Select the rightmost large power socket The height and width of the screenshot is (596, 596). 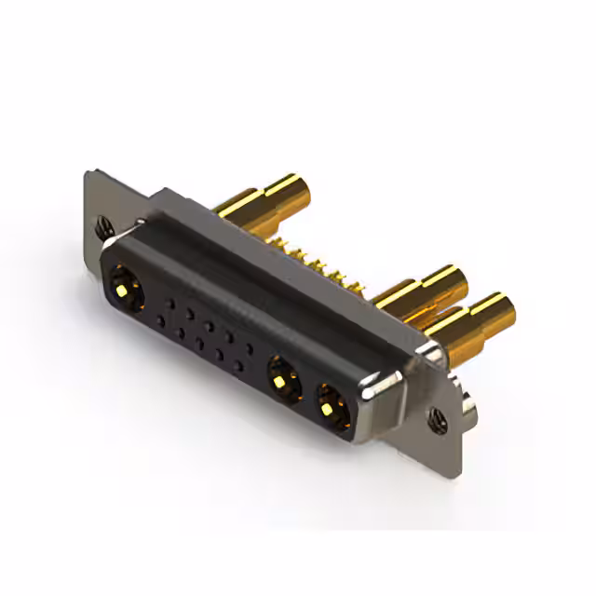332,403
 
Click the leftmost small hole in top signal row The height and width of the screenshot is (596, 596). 169,299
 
